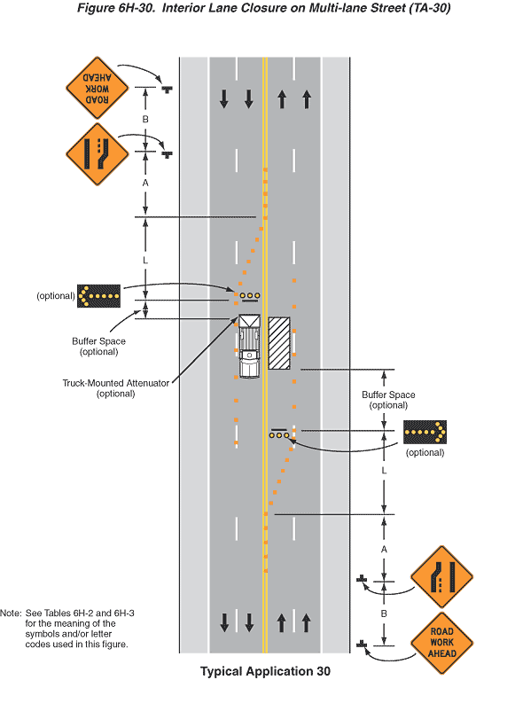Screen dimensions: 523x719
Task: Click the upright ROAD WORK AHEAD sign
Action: pos(441,643)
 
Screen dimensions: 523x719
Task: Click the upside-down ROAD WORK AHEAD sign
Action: pos(98,88)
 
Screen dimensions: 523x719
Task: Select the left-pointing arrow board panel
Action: pos(98,296)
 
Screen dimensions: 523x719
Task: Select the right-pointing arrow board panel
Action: pos(425,432)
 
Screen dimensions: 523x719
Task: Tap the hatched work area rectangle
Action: pos(279,343)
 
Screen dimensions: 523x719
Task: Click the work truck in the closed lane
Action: pos(249,347)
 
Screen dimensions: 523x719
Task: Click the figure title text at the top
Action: pos(263,8)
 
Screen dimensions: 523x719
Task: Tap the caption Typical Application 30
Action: pos(265,671)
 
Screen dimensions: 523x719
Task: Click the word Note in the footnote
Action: pos(10,613)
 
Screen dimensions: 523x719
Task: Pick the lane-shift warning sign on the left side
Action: pos(98,154)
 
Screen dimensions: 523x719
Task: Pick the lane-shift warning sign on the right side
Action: pos(441,577)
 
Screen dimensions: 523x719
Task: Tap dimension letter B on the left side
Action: pos(145,119)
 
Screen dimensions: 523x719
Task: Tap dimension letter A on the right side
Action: pos(384,550)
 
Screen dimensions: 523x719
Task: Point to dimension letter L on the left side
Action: pos(145,261)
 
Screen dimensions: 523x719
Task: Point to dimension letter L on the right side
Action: pos(384,471)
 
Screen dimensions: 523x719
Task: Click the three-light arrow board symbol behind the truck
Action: pos(250,297)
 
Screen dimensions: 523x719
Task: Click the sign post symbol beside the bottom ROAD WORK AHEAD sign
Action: pos(362,645)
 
